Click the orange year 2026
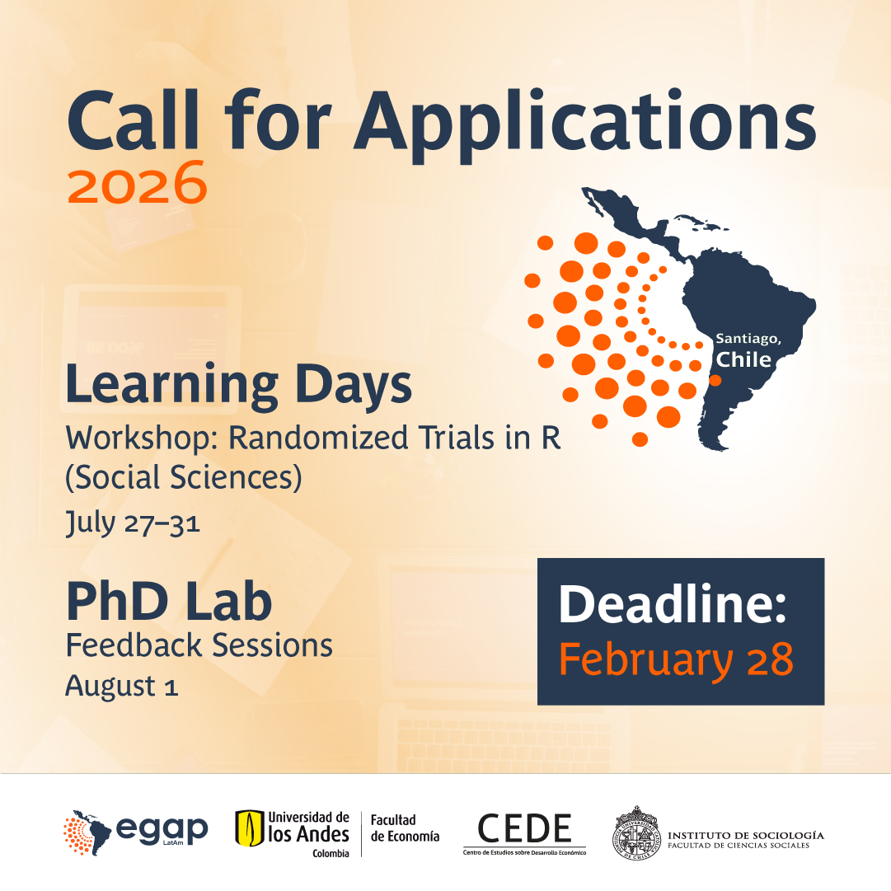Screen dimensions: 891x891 (137, 182)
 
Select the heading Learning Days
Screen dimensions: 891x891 (239, 385)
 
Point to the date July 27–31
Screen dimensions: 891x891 (133, 523)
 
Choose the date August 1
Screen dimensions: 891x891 (122, 686)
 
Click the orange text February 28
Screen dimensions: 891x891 (676, 659)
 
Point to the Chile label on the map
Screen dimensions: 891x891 (743, 359)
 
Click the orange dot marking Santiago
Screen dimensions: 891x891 (715, 380)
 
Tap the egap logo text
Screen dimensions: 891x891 (162, 830)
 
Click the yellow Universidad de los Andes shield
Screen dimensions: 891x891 (250, 828)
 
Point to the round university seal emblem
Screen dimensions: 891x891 (636, 833)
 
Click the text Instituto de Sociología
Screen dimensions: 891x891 (746, 835)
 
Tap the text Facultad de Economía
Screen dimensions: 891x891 (406, 828)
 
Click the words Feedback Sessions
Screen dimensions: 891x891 (199, 645)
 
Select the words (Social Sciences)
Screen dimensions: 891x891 (184, 476)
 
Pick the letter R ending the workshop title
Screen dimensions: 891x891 (551, 438)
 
